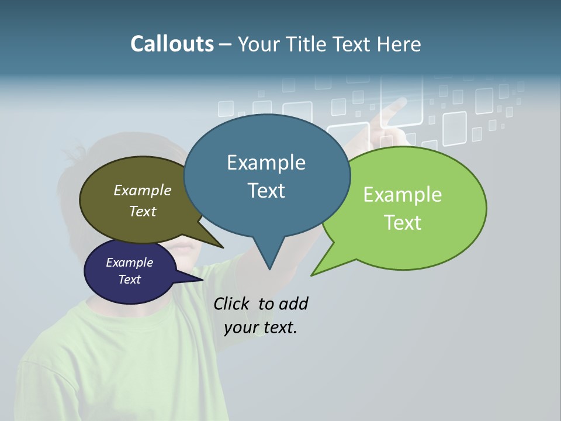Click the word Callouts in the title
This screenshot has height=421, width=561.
pos(172,44)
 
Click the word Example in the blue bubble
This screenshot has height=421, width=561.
pos(266,163)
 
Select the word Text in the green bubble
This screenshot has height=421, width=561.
pos(403,223)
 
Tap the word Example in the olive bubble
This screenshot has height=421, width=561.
pos(143,191)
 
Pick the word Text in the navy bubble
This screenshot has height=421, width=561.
pos(130,279)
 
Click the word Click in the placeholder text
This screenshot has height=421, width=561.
pos(232,303)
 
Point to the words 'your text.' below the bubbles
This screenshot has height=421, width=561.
pos(261,327)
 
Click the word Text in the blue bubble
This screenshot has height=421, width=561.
pos(266,191)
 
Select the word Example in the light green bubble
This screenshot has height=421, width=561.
pos(403,195)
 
